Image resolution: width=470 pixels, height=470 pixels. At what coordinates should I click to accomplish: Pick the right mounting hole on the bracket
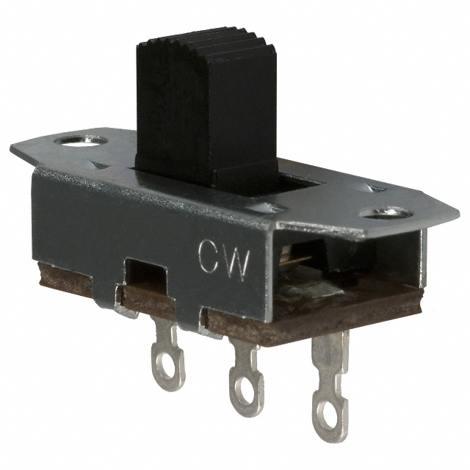(387, 213)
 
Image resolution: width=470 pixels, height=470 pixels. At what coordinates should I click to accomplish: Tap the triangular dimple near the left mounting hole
(100, 164)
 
